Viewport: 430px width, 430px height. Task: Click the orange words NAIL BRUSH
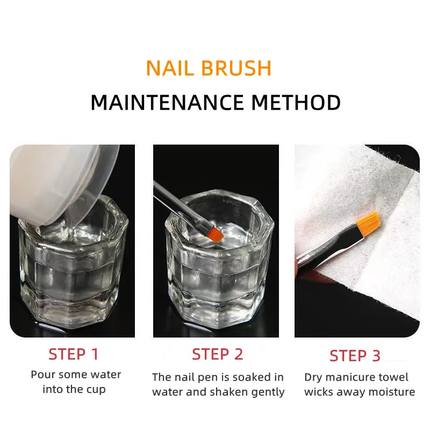pyautogui.click(x=209, y=68)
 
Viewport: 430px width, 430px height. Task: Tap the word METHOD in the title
pyautogui.click(x=296, y=102)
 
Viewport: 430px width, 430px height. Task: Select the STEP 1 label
pyautogui.click(x=73, y=354)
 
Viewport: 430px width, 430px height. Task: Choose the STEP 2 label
pyautogui.click(x=218, y=354)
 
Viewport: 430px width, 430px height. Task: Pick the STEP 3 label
pyautogui.click(x=355, y=356)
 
